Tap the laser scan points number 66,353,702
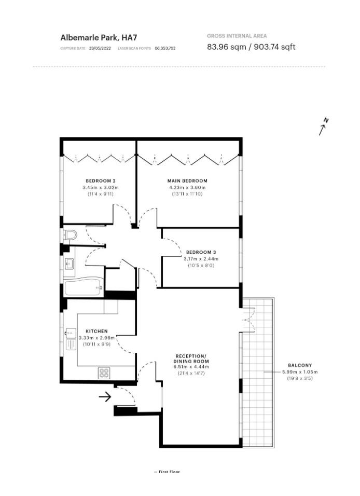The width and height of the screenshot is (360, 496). pyautogui.click(x=165, y=48)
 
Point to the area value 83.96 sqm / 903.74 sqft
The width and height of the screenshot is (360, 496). pyautogui.click(x=251, y=47)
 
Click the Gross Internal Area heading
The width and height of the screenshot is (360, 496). pyautogui.click(x=237, y=36)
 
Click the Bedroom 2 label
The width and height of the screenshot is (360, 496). pyautogui.click(x=101, y=181)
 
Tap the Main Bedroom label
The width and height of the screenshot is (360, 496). pyautogui.click(x=187, y=181)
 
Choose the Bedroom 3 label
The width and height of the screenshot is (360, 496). pyautogui.click(x=201, y=252)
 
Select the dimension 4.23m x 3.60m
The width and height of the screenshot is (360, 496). pyautogui.click(x=187, y=187)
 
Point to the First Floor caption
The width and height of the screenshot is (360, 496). pyautogui.click(x=167, y=472)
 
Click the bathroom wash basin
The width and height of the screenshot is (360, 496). pyautogui.click(x=69, y=264)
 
